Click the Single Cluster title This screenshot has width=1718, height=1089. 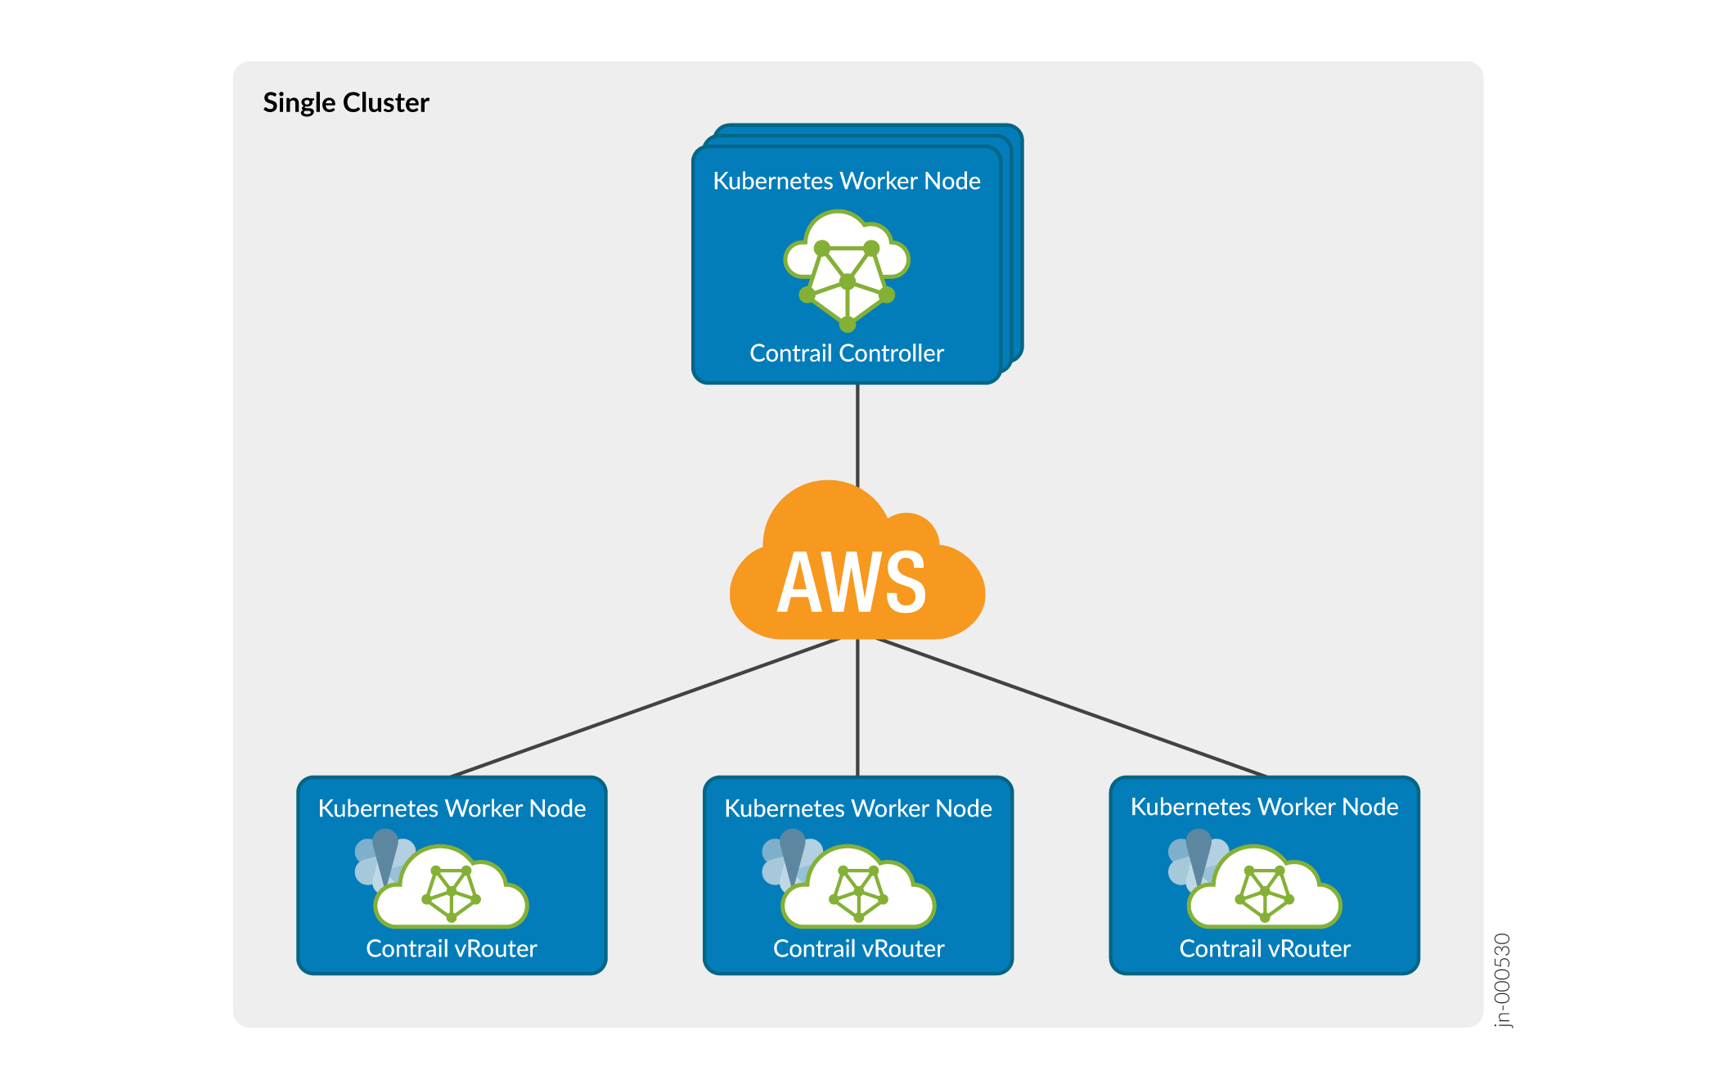coord(345,103)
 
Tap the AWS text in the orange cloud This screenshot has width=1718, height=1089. coord(852,583)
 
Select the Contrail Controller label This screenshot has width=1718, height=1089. coord(847,353)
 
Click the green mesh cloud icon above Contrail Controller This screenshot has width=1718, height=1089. coord(847,270)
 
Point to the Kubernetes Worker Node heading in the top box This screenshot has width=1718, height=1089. coord(847,181)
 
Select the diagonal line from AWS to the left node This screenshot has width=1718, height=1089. coord(646,707)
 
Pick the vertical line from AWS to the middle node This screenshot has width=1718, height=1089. coord(857,708)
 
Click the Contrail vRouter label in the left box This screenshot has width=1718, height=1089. coord(452,949)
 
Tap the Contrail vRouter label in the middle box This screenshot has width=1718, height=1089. coord(858,949)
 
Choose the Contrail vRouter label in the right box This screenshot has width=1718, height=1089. coord(1265,949)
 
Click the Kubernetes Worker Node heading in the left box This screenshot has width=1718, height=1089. coord(452,808)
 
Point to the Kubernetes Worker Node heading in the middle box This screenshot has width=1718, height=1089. coord(858,808)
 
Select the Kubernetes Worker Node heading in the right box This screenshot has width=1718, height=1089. coord(1265,807)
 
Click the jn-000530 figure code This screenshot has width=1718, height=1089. coord(1503,980)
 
